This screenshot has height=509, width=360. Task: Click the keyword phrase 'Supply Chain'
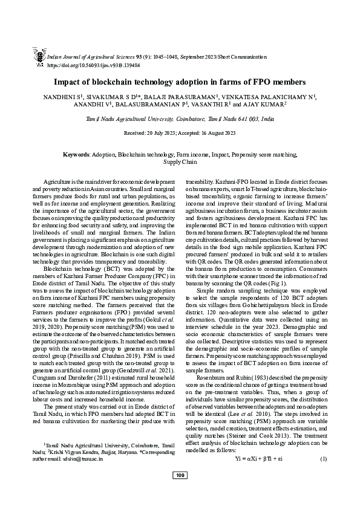point(180,162)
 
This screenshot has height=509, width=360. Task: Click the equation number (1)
point(324,458)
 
